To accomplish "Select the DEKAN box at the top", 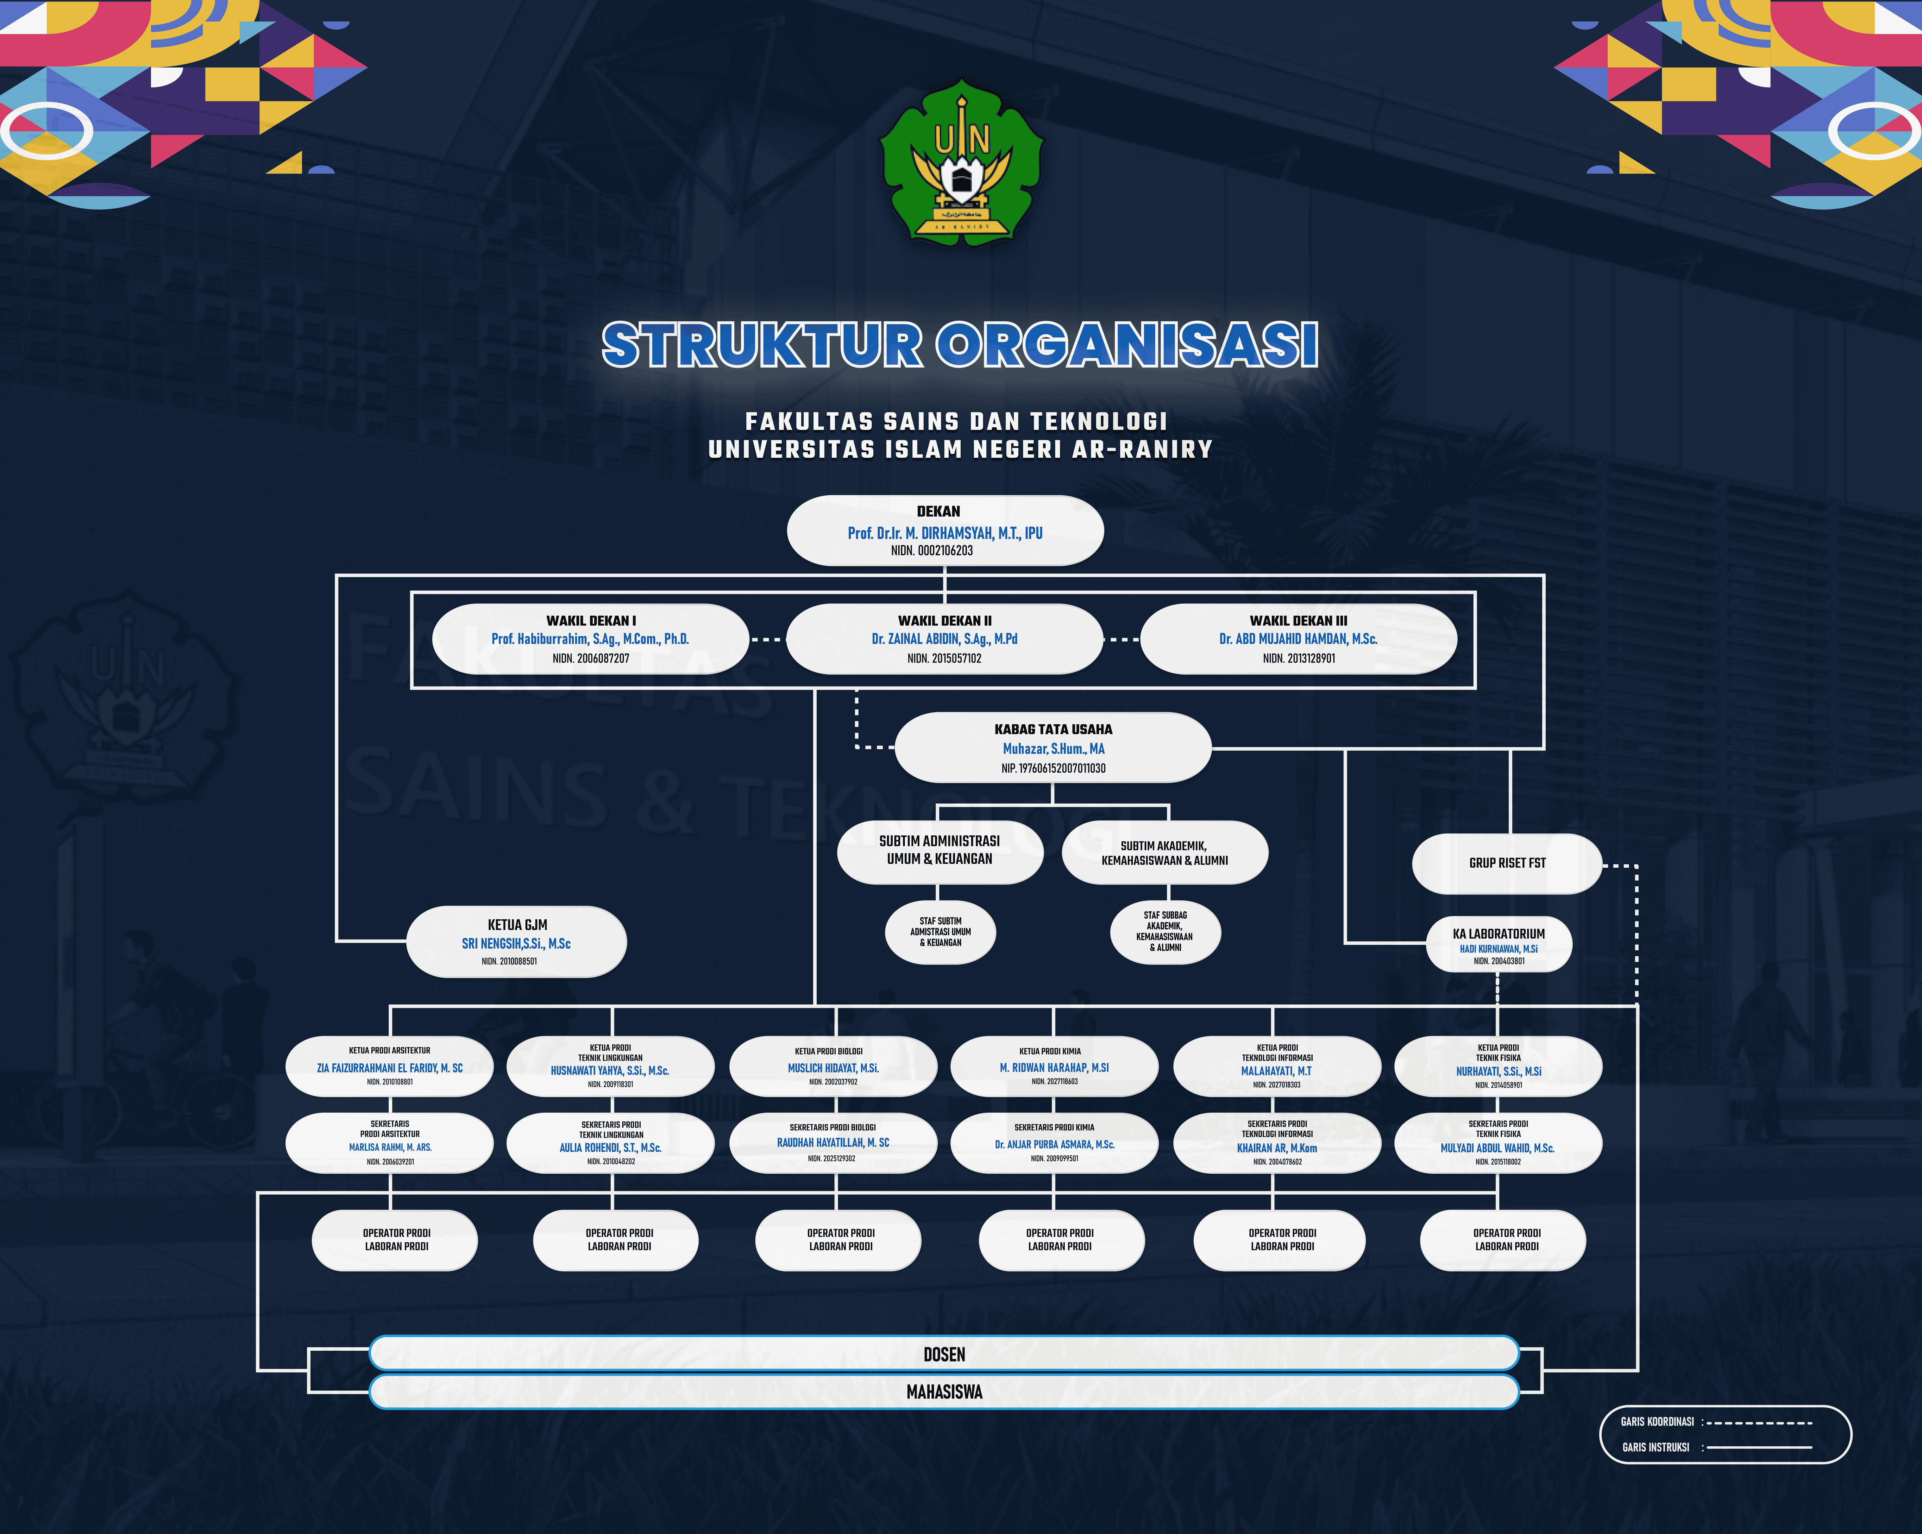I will point(945,530).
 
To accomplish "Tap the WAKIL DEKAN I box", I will point(590,639).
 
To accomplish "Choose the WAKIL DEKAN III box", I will point(1298,639).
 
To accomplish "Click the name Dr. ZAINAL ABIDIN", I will point(944,639).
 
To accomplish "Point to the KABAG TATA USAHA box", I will point(1053,748).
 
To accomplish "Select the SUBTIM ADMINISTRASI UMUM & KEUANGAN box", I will point(939,851).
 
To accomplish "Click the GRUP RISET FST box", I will point(1507,863).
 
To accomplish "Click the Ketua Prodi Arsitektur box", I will point(390,1066).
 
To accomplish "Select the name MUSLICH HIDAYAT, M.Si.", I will point(832,1068).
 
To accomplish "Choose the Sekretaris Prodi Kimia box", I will point(1054,1143).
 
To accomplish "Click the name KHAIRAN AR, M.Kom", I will point(1277,1148).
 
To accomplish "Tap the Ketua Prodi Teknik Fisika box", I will point(1498,1066).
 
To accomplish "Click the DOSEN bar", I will point(944,1354).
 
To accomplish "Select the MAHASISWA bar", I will point(944,1391).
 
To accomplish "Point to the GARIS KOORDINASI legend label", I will point(1656,1422).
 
